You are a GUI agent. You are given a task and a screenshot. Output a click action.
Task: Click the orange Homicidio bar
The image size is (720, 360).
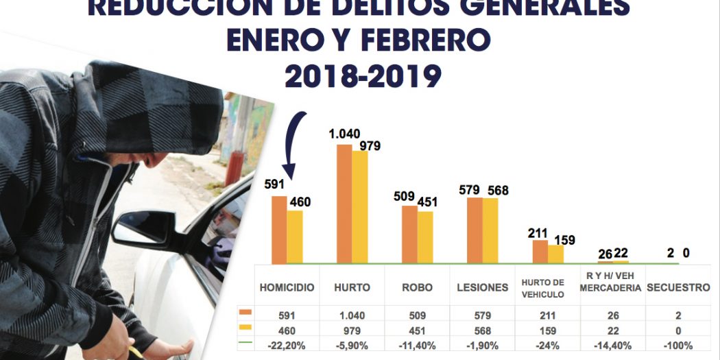tap(278, 230)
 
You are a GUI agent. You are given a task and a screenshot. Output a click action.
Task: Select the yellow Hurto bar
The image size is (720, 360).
tap(359, 207)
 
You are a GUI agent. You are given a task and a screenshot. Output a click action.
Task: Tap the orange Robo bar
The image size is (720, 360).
tap(409, 234)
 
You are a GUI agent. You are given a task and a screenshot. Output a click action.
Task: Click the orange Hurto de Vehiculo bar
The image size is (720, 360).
tap(540, 251)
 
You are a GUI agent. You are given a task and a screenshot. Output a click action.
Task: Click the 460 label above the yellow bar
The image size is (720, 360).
tap(298, 202)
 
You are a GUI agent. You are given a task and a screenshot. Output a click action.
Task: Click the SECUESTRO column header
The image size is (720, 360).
tap(677, 288)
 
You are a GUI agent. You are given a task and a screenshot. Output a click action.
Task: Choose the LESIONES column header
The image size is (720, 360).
tap(482, 288)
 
